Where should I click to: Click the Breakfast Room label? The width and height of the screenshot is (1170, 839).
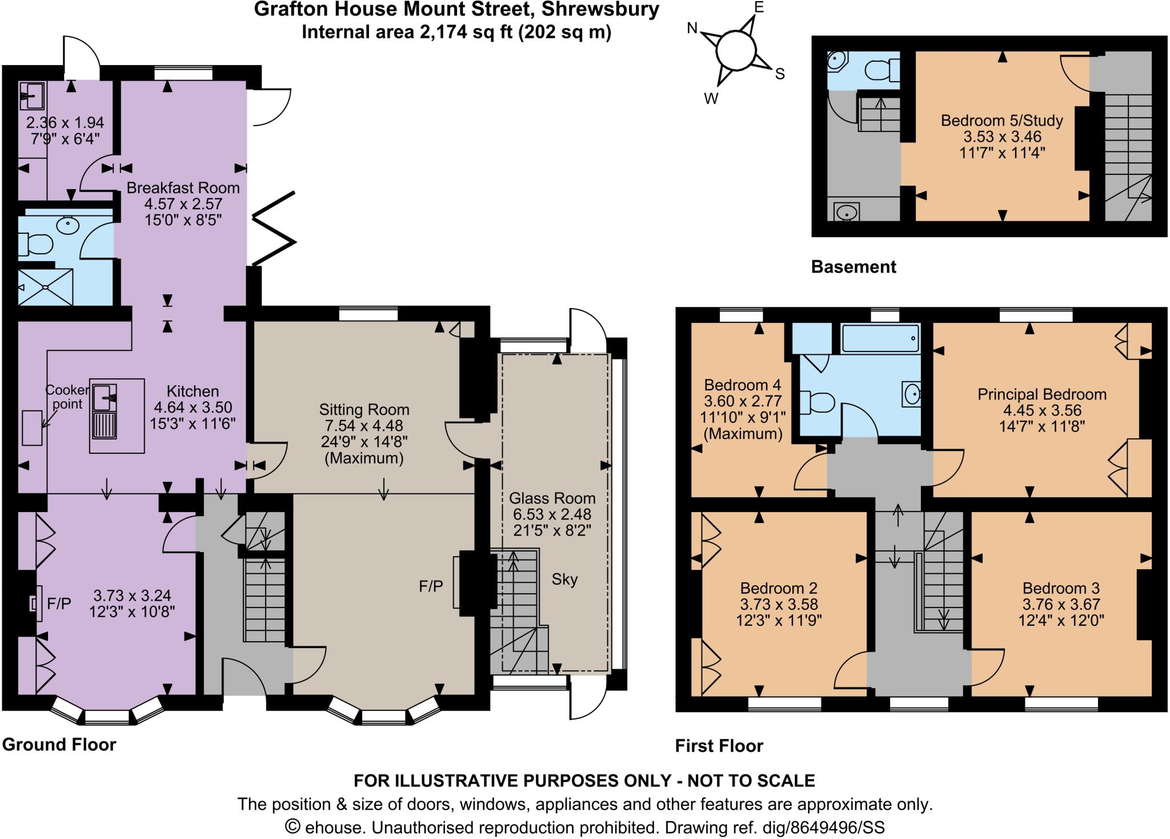click(x=183, y=187)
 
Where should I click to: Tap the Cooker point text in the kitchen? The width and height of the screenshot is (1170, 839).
click(x=67, y=397)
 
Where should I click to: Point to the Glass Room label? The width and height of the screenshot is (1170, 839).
click(x=552, y=498)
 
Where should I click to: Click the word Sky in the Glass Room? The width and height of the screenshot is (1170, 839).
click(x=564, y=580)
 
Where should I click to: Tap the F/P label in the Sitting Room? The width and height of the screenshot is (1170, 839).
click(x=430, y=586)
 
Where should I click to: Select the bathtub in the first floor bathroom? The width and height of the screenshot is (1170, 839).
click(x=880, y=338)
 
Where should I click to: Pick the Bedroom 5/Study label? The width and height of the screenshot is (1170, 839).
click(x=1002, y=121)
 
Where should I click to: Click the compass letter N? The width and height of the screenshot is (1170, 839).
click(x=692, y=29)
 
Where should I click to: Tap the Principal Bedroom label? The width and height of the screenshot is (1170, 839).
click(x=1042, y=394)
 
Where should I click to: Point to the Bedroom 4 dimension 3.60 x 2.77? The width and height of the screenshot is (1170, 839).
click(x=743, y=401)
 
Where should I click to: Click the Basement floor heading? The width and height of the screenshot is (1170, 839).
click(x=854, y=267)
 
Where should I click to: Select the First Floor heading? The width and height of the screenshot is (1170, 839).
click(x=719, y=746)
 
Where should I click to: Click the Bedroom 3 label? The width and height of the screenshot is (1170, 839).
click(x=1061, y=588)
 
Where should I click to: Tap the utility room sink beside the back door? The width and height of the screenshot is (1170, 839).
click(x=32, y=95)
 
